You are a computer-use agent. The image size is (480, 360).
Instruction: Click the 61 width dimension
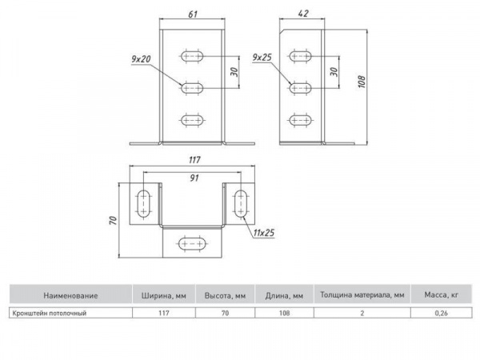(x=193, y=14)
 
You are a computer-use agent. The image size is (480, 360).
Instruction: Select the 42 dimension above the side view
(x=302, y=14)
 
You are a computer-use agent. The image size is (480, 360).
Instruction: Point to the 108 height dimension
(x=362, y=82)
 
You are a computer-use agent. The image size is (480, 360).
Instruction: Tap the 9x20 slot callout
(x=141, y=58)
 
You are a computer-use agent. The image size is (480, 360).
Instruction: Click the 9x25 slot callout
(x=262, y=58)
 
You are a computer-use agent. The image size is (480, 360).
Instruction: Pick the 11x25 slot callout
(x=264, y=233)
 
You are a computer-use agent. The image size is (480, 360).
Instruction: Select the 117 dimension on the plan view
(x=194, y=160)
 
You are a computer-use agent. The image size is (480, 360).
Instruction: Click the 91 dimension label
(x=194, y=178)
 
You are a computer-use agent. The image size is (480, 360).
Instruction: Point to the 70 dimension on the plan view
(x=114, y=221)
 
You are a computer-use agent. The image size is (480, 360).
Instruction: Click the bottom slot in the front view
(x=192, y=120)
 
